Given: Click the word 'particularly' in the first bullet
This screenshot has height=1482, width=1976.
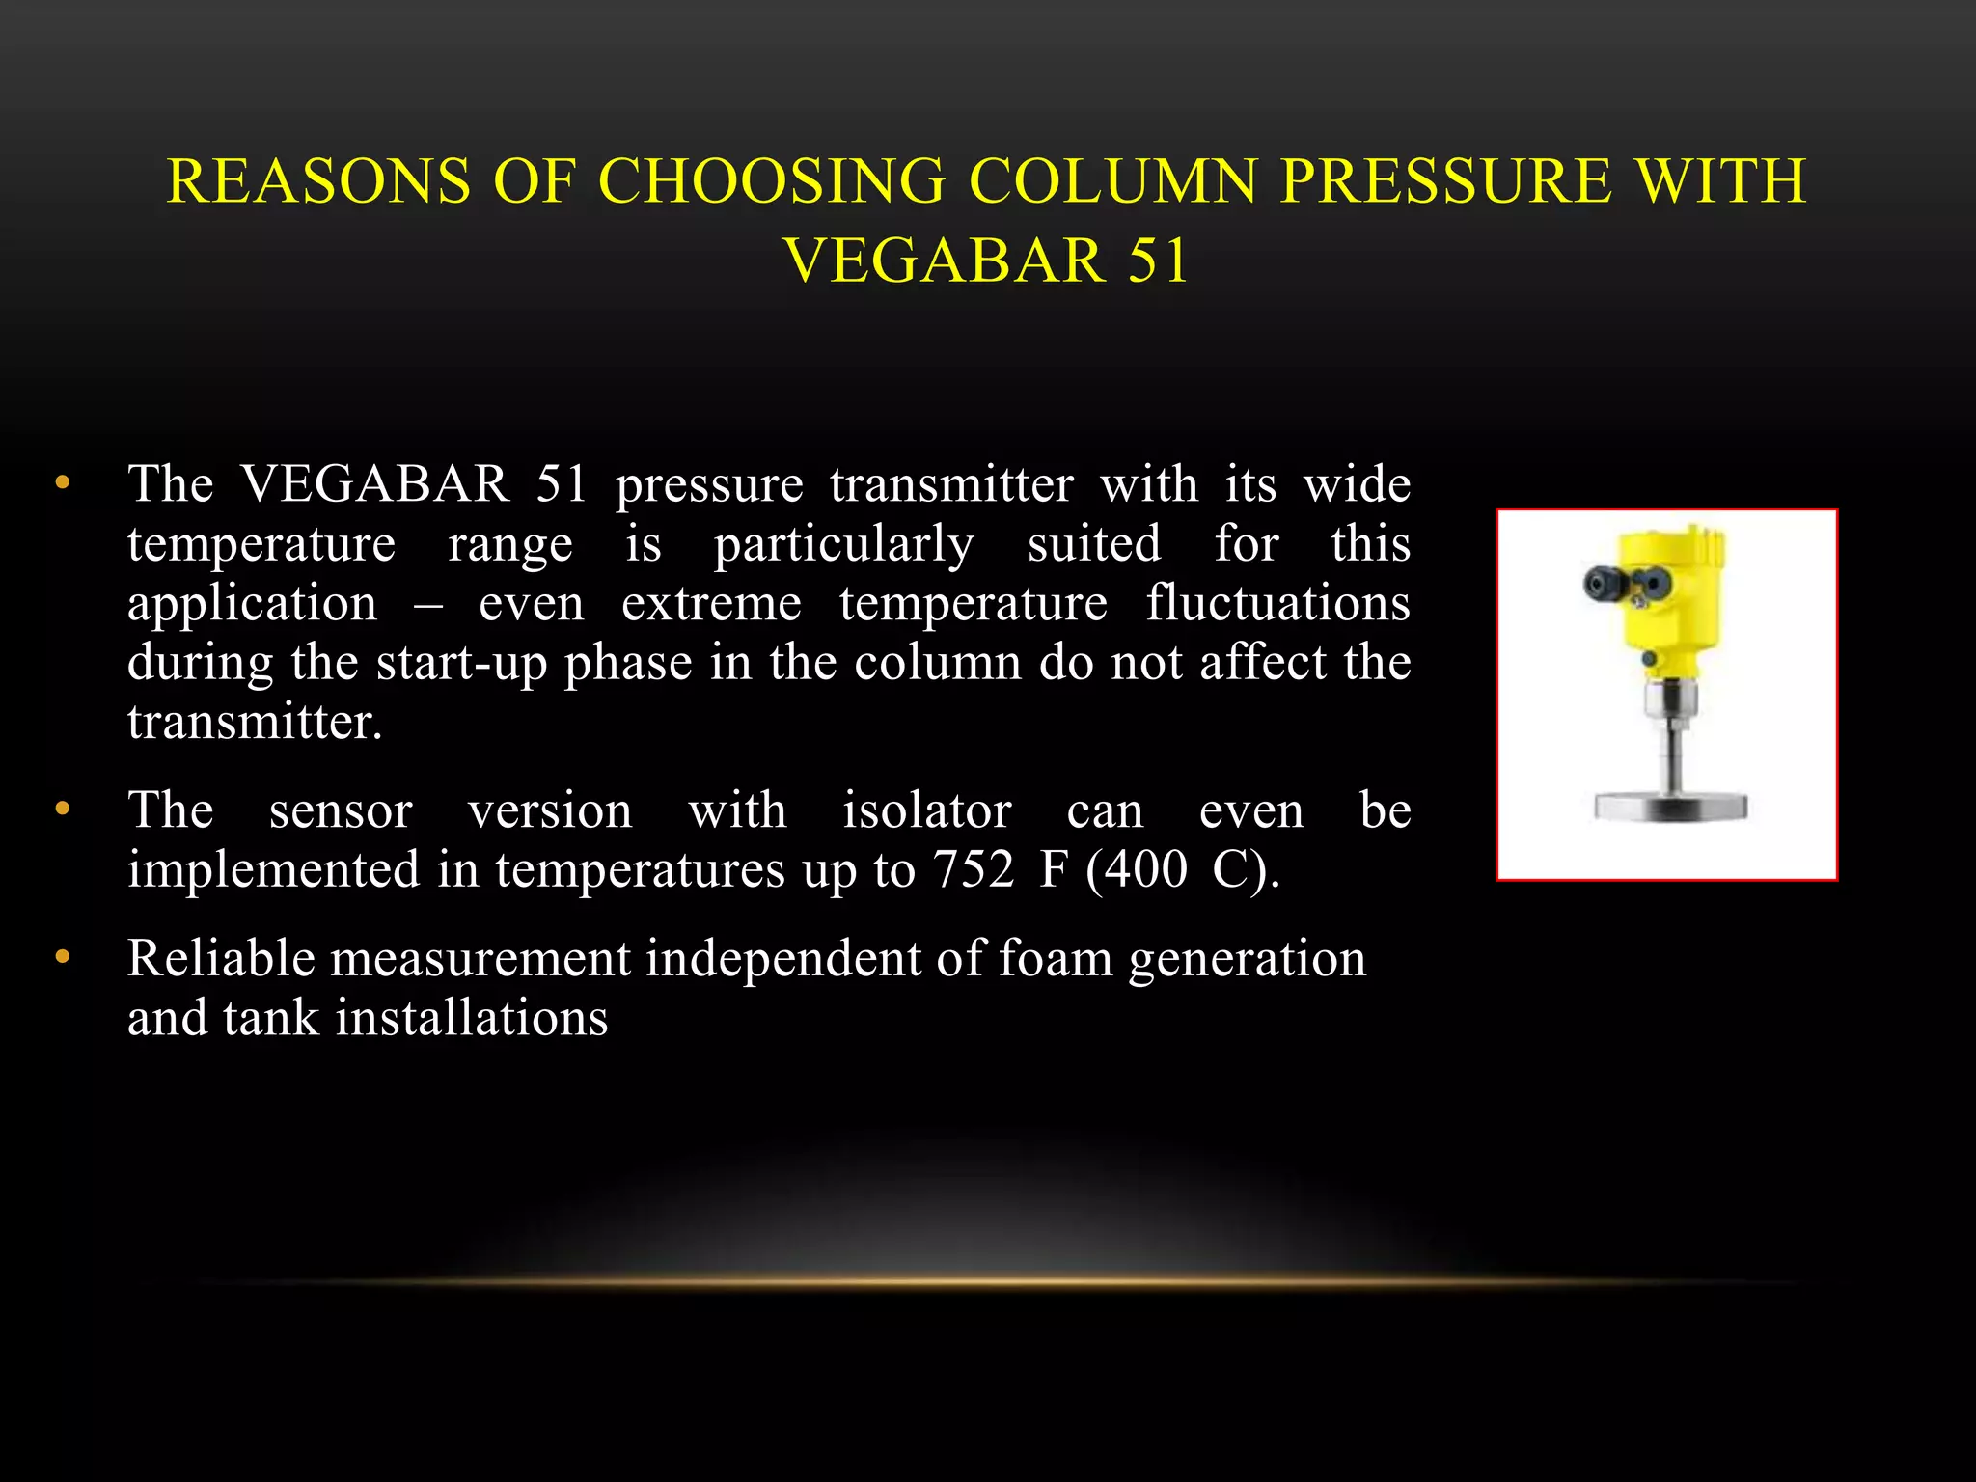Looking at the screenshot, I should point(843,544).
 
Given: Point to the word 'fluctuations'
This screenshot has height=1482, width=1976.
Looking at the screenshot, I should point(1277,604).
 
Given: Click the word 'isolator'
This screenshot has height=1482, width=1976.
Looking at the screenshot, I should point(926,810).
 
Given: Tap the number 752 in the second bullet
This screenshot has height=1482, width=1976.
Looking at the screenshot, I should point(973,869).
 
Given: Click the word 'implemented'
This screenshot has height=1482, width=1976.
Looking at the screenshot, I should point(274,870).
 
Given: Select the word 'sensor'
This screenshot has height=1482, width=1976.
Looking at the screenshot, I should point(341,810).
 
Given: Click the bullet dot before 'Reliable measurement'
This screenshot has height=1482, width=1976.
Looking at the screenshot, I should point(63,957).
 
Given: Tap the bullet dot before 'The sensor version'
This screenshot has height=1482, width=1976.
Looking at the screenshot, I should point(63,809).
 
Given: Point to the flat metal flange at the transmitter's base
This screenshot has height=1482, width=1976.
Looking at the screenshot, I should point(1670,806).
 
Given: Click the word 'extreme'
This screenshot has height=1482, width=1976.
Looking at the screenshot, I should point(711,604).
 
